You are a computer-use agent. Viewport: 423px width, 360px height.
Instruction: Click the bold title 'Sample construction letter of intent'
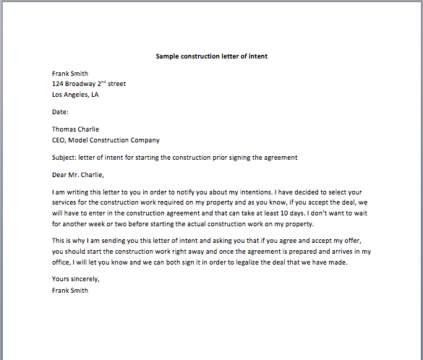coord(212,56)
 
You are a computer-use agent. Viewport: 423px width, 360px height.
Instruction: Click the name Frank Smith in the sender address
coord(69,73)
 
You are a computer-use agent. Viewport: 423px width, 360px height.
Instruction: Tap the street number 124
coord(59,84)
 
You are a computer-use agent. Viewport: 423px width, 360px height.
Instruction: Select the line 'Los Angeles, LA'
coord(75,95)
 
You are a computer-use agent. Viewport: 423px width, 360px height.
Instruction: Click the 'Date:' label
coord(60,112)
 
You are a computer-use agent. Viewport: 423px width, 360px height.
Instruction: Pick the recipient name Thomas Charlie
coord(76,129)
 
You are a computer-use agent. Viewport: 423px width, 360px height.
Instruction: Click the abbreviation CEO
coord(59,140)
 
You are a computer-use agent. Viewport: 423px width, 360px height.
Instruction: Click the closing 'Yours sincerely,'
coord(76,279)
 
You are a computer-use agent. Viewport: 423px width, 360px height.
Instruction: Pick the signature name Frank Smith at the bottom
coord(69,290)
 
